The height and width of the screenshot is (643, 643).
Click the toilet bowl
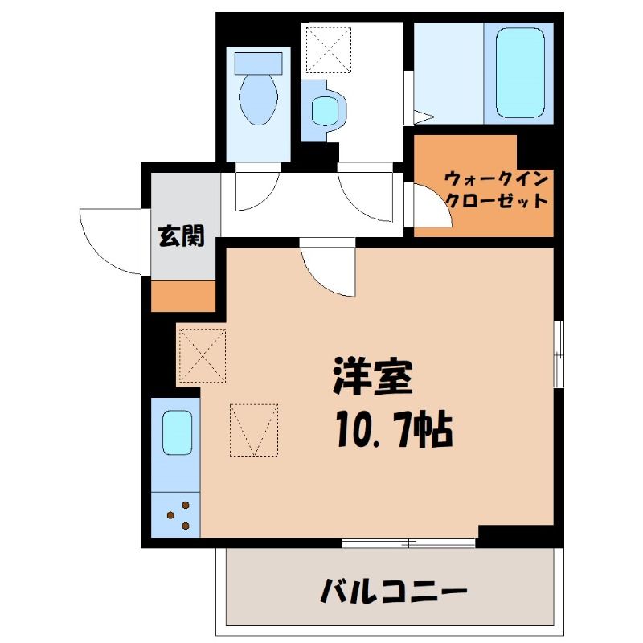point(258,100)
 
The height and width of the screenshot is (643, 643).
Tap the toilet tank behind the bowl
point(258,63)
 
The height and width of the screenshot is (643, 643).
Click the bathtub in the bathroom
point(520,73)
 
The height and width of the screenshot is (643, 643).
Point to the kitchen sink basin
point(177,432)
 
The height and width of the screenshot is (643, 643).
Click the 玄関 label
point(182,236)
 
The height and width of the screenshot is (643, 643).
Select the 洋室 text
point(372,375)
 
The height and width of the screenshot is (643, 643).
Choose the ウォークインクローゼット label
point(497,190)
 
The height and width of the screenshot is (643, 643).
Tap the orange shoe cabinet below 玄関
point(183,296)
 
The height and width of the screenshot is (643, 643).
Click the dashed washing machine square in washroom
point(329,50)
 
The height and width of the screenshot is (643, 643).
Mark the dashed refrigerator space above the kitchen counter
point(203,355)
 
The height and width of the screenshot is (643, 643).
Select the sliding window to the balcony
point(409,543)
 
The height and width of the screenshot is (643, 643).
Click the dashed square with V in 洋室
point(254,430)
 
